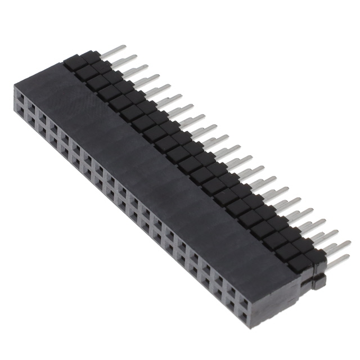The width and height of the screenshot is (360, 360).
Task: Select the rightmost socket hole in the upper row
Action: [244, 293]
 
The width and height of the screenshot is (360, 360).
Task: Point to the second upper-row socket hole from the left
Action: [31, 110]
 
